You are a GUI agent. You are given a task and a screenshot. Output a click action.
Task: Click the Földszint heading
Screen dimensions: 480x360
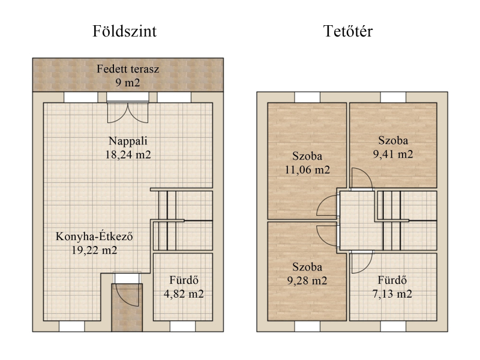point(125,31)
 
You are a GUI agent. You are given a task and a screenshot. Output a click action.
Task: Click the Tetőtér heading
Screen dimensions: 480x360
point(348,31)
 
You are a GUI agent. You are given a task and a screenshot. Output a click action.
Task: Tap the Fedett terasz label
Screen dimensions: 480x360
point(128,69)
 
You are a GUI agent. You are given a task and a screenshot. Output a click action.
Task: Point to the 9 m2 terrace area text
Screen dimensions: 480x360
point(128,82)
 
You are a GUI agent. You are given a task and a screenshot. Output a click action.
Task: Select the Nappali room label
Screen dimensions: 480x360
point(128,141)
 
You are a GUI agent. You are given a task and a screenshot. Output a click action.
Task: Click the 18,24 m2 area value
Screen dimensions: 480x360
point(128,155)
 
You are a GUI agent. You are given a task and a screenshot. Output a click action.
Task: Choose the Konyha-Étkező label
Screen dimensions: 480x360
point(94,236)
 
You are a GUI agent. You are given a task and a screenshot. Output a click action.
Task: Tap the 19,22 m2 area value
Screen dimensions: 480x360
point(94,250)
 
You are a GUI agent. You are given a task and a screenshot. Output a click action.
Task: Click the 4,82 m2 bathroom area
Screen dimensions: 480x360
point(184,294)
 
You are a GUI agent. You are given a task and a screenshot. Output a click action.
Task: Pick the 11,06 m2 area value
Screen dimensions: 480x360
point(307,170)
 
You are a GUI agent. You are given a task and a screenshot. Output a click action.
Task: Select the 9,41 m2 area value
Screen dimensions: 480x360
point(393,154)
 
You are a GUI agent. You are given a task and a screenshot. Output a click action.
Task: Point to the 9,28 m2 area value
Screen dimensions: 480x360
point(307,280)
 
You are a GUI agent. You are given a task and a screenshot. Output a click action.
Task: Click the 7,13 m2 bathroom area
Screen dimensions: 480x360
point(392,294)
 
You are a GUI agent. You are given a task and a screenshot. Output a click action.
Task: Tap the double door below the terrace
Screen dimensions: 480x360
point(128,112)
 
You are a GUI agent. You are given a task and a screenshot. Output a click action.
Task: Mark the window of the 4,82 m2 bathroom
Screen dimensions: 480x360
point(182,326)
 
